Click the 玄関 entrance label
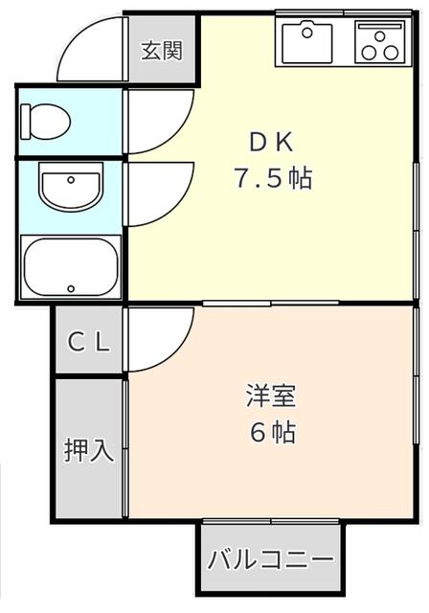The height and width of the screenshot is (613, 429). tap(162, 50)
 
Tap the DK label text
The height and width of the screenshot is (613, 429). tap(274, 142)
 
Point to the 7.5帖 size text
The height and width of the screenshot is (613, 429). tap(274, 178)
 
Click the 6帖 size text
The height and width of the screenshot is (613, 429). tap(272, 432)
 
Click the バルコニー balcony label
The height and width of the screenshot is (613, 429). tap(270, 559)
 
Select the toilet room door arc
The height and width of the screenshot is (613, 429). tap(158, 123)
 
